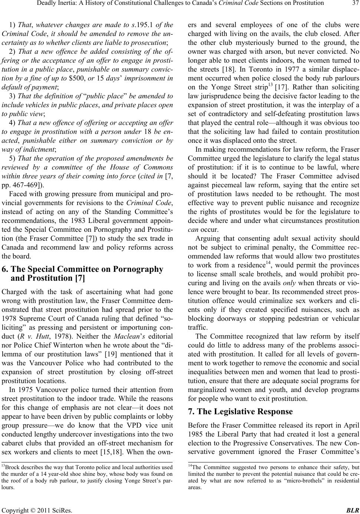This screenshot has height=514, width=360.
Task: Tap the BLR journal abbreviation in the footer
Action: coord(353,509)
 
